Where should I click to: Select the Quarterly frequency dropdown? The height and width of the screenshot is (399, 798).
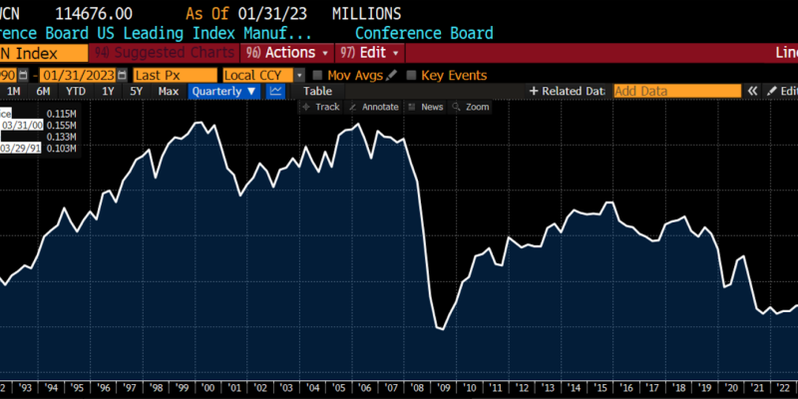tap(224, 91)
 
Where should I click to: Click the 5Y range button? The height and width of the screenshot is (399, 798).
tap(137, 91)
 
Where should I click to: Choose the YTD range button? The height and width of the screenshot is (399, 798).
tap(76, 91)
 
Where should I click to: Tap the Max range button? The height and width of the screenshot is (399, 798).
tap(169, 91)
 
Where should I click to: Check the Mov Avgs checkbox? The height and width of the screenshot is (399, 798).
tap(317, 75)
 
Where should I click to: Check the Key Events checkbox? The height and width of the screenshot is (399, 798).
tap(413, 75)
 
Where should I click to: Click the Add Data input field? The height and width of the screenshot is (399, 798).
tap(676, 91)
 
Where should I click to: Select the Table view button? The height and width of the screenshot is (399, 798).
tap(317, 91)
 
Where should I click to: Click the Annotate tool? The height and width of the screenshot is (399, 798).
tap(374, 107)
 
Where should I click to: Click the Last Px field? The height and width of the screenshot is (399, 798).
tap(175, 75)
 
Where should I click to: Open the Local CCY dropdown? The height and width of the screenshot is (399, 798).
tap(263, 75)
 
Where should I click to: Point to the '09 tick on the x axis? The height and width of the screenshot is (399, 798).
tap(442, 388)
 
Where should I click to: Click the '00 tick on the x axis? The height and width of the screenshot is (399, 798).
tap(207, 388)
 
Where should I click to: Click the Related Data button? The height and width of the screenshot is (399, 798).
tap(568, 91)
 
